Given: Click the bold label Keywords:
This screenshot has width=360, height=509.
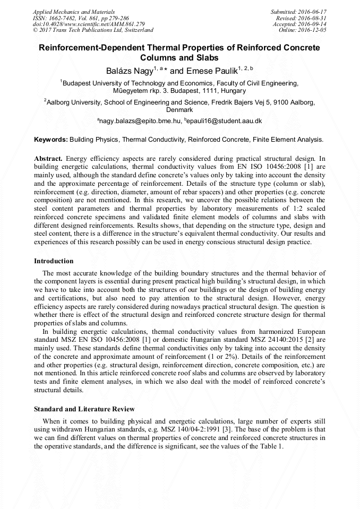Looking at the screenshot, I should click(50, 140).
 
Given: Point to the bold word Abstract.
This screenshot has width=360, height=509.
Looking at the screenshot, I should click(48, 159).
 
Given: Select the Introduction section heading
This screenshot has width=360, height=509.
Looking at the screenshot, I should click(54, 261).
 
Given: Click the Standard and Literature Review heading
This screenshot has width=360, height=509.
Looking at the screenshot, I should click(84, 409).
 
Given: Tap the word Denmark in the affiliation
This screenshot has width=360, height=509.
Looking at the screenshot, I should click(179, 110).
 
